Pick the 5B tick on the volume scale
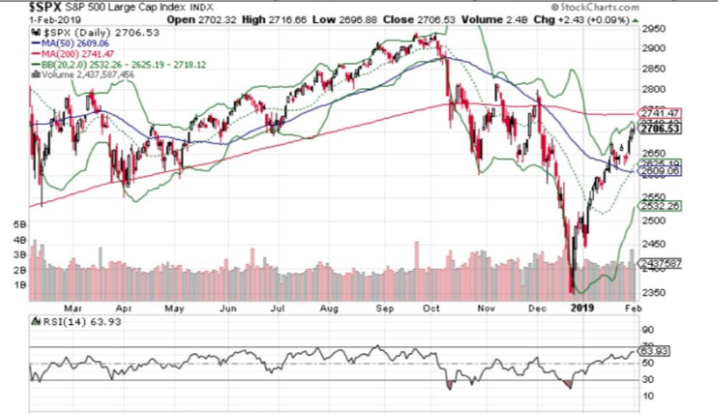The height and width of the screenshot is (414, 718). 21,224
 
